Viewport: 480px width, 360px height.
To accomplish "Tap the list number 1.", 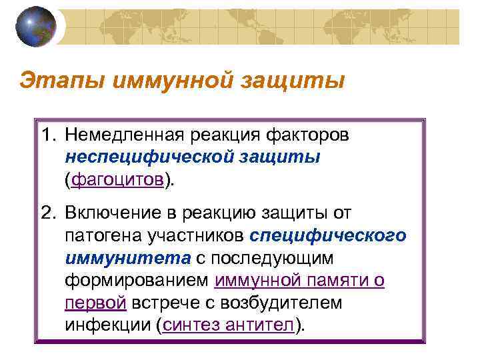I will click(47, 136).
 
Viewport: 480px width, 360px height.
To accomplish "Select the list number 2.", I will click(47, 213).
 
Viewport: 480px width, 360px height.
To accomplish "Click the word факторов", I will click(311, 136).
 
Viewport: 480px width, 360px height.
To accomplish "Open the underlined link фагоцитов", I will click(117, 179).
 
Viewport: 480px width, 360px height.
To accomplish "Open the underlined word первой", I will click(95, 303).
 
